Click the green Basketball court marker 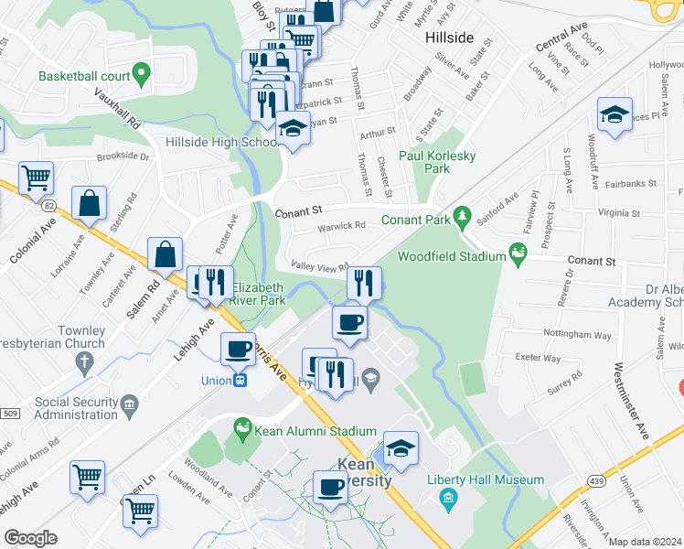(140, 71)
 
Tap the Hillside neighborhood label (450, 38)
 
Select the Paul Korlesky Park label (437, 162)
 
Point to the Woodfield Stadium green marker (519, 251)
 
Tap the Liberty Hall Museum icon (447, 498)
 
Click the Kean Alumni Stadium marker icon (242, 426)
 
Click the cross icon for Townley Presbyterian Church (85, 363)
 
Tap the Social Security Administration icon (129, 404)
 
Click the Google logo (30, 538)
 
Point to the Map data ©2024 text (645, 542)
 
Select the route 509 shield (9, 414)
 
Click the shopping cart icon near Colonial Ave (37, 178)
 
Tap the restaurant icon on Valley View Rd (364, 284)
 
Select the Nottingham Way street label (576, 336)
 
